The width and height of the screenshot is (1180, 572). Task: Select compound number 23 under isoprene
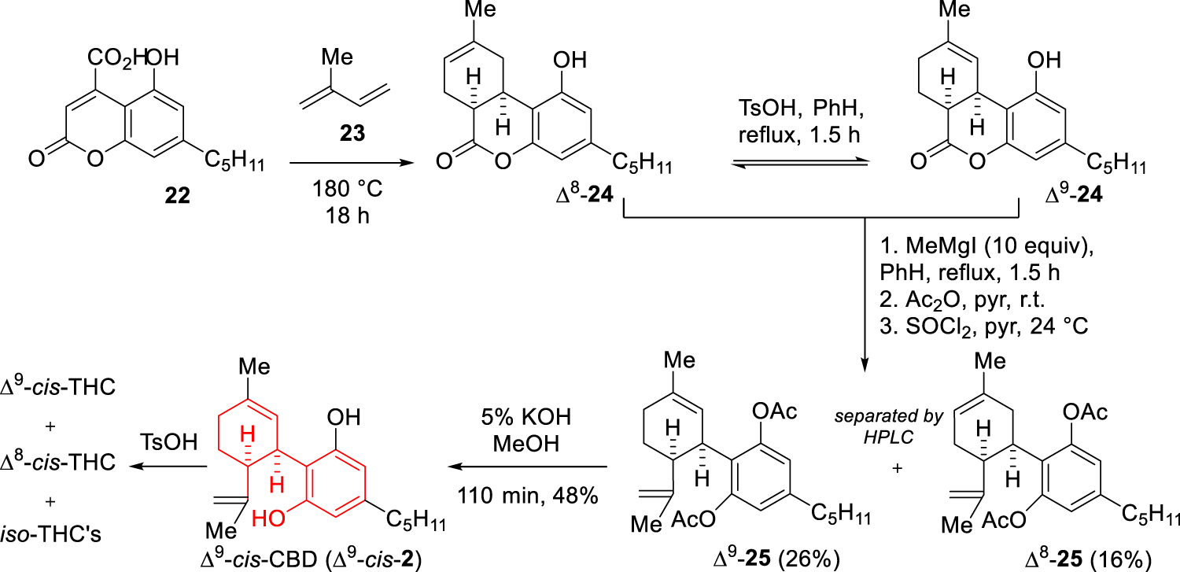352,135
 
